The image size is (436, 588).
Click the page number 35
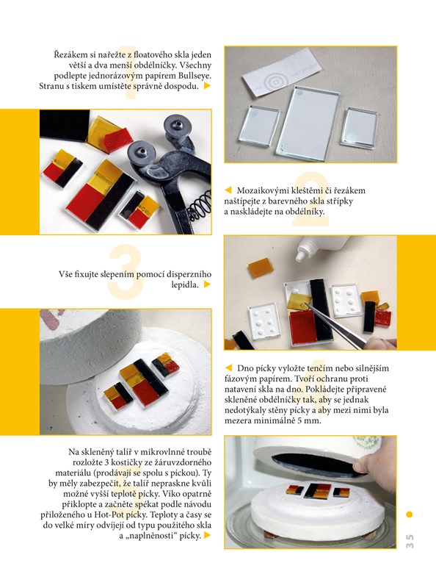click(x=410, y=542)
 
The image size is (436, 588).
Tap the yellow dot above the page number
click(x=410, y=514)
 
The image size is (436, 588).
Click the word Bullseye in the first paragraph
click(x=195, y=76)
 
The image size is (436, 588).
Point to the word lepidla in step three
click(x=185, y=284)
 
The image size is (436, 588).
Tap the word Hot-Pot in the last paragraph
click(x=109, y=515)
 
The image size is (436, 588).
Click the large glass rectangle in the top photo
click(x=307, y=122)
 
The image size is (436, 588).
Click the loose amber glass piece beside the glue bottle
click(x=261, y=268)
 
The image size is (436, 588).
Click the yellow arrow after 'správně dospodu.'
click(x=207, y=86)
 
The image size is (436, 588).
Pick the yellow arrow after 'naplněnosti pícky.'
click(x=207, y=536)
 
